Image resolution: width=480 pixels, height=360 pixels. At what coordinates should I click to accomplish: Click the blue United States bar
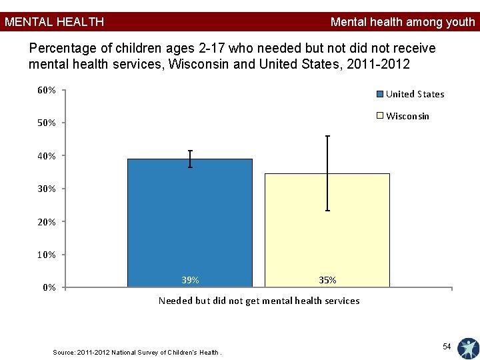[x=190, y=223]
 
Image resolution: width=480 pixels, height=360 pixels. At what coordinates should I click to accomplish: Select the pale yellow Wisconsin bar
[x=327, y=230]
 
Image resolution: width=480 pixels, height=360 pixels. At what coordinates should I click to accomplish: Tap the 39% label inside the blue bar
[x=190, y=280]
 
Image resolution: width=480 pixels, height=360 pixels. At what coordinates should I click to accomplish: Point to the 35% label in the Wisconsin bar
[x=327, y=280]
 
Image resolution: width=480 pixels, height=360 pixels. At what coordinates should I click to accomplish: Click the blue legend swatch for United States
[x=380, y=94]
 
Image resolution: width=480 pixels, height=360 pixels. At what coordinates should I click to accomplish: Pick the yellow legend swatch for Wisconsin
[x=380, y=116]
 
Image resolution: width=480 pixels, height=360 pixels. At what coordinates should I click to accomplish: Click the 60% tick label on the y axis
[x=47, y=90]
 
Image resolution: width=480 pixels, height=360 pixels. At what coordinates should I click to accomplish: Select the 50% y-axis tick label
[x=47, y=123]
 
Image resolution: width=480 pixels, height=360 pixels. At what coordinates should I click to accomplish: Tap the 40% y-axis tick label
[x=47, y=156]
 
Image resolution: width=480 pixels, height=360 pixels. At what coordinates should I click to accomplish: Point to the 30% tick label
[x=47, y=189]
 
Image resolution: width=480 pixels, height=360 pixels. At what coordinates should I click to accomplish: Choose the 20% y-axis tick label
[x=47, y=221]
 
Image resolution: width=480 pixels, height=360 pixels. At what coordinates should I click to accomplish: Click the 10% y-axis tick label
[x=47, y=255]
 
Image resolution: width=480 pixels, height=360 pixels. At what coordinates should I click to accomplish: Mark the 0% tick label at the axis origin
[x=49, y=287]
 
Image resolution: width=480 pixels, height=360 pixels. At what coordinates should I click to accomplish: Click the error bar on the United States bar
[x=190, y=159]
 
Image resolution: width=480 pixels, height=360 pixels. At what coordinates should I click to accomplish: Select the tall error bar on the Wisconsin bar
[x=327, y=173]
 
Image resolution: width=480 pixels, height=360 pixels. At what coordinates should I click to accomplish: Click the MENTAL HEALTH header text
[x=54, y=22]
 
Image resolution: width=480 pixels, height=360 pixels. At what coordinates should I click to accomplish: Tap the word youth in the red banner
[x=461, y=23]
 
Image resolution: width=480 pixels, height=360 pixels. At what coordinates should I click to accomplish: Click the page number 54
[x=447, y=346]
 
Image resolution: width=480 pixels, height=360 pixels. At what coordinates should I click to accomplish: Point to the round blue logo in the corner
[x=469, y=349]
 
